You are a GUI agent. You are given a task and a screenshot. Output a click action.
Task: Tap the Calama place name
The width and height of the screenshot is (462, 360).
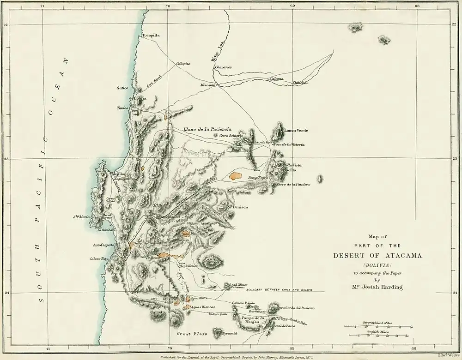coord(277,79)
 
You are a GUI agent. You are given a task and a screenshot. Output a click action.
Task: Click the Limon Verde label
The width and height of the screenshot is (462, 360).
coord(296,131)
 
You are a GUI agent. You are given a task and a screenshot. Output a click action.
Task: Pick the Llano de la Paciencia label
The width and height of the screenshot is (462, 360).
coord(207,130)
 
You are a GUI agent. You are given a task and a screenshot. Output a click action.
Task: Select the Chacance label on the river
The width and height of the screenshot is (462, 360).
coord(223,67)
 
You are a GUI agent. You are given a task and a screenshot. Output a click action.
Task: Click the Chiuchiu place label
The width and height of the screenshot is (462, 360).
coord(300,83)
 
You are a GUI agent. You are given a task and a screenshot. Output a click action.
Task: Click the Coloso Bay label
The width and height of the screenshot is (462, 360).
coord(99,259)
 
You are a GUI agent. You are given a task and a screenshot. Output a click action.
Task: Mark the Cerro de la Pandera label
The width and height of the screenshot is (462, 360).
coord(292,185)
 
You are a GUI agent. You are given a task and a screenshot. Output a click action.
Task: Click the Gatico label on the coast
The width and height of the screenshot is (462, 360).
coord(122,87)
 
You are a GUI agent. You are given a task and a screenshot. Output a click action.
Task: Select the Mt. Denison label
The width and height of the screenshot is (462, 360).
coord(237,207)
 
